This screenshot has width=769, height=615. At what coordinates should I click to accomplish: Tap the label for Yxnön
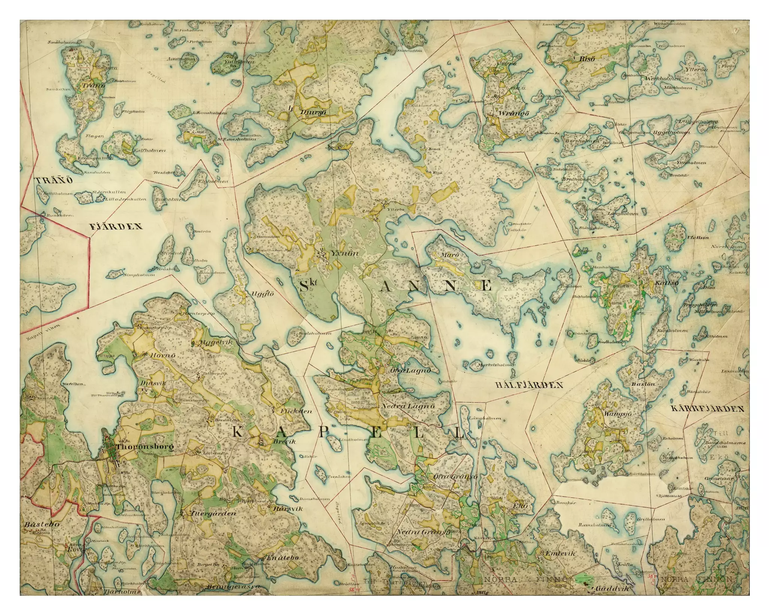tap(345, 253)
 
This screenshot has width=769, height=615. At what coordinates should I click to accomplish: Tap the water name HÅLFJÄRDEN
tap(529, 385)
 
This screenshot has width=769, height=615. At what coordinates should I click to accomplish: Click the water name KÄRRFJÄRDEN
tap(707, 409)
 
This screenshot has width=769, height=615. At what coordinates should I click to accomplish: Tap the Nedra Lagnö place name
tap(408, 406)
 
